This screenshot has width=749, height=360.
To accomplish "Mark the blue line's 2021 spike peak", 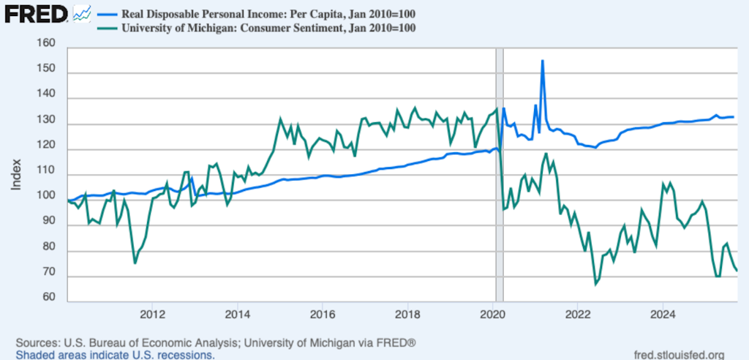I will pos(542,61).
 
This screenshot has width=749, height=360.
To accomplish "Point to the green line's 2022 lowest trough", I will pos(595,283).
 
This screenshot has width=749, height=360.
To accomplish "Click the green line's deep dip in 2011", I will pos(135,263).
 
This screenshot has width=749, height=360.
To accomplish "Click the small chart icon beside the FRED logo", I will pos(82,12).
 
